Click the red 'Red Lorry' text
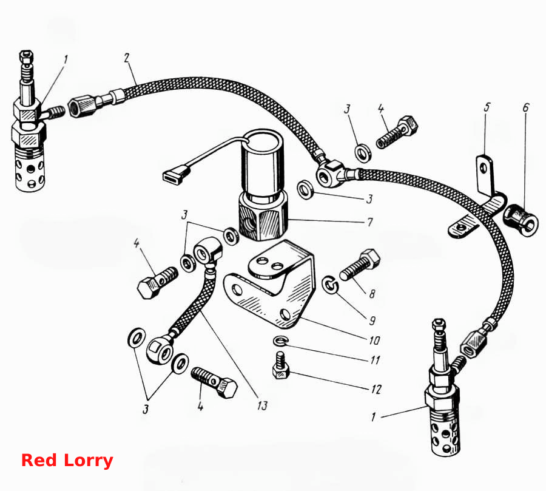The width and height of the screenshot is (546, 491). pyautogui.click(x=67, y=460)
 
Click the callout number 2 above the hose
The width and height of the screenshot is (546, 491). pyautogui.click(x=127, y=58)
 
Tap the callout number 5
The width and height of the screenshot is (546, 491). pyautogui.click(x=487, y=107)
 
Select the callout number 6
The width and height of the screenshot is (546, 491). pyautogui.click(x=526, y=107)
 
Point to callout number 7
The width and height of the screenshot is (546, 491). pyautogui.click(x=370, y=222)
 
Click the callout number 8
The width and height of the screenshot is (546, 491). pyautogui.click(x=372, y=294)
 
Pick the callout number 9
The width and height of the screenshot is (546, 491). pyautogui.click(x=372, y=320)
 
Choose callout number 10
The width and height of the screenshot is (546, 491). pyautogui.click(x=374, y=340)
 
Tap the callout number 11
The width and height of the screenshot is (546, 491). pyautogui.click(x=376, y=359)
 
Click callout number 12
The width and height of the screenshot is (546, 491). pyautogui.click(x=376, y=388)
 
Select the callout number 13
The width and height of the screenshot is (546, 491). pyautogui.click(x=262, y=405)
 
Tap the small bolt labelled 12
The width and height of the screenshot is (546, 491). pyautogui.click(x=281, y=366)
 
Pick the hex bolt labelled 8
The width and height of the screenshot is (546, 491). pyautogui.click(x=360, y=265)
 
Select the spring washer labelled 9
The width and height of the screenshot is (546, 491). pyautogui.click(x=330, y=285)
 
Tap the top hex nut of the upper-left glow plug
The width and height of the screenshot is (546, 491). pyautogui.click(x=27, y=56)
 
